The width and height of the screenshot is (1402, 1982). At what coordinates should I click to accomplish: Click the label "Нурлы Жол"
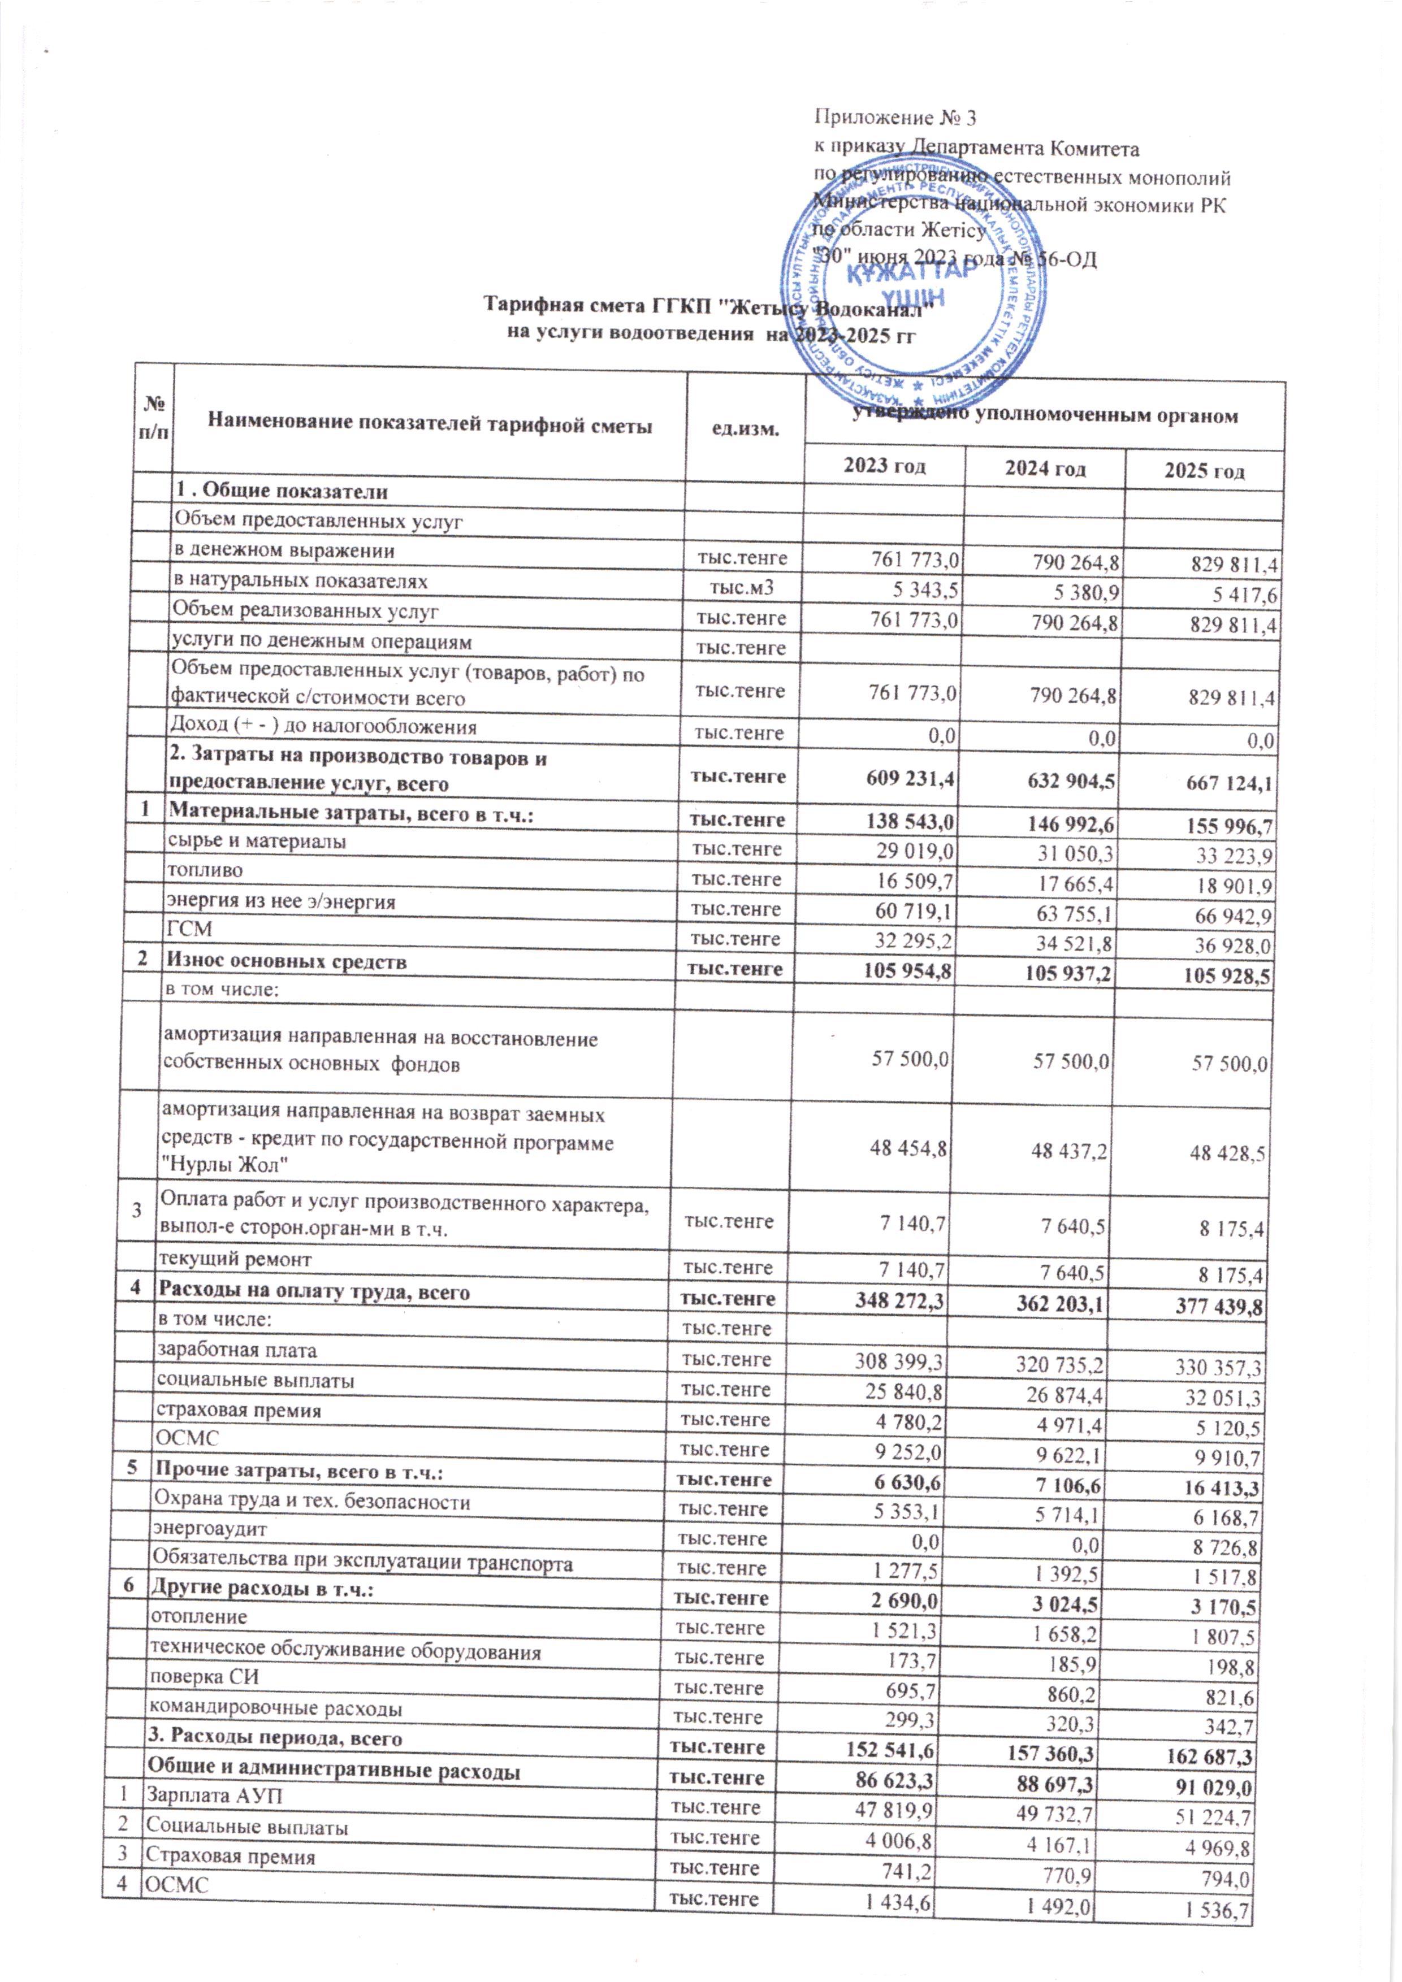click(x=226, y=1165)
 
